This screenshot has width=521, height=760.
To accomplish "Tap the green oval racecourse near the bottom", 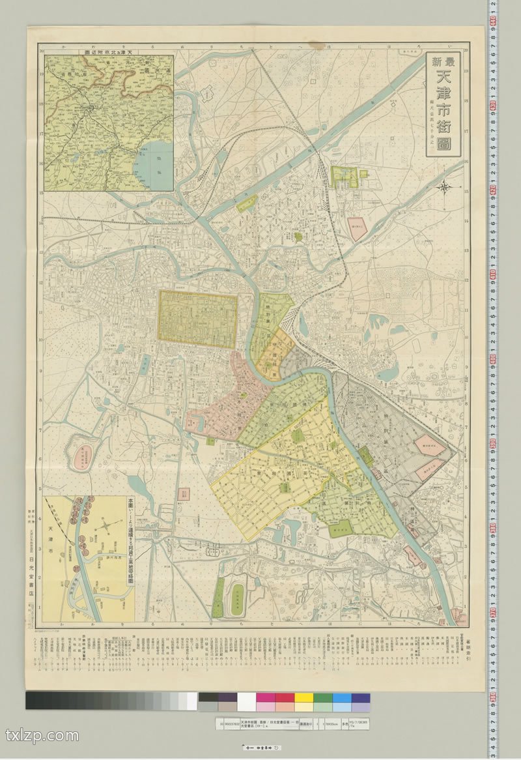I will [x=238, y=596].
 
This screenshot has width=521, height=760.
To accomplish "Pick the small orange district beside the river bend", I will [x=275, y=355].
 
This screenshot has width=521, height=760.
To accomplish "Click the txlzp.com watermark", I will [x=42, y=736].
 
